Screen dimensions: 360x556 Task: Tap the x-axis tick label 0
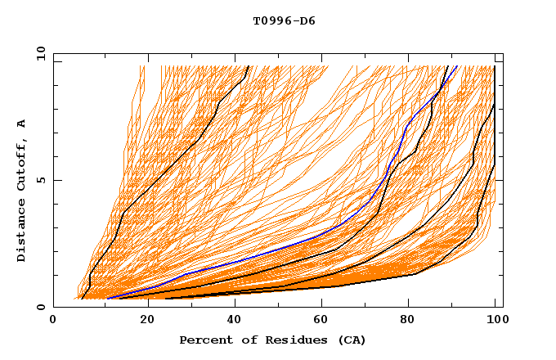coord(53,320)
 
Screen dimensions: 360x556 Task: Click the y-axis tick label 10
coord(40,53)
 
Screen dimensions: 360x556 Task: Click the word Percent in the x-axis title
coord(202,340)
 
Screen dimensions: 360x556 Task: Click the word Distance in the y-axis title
coord(22,234)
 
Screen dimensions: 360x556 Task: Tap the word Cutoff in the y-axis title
coord(22,164)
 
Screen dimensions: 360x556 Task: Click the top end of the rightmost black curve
coord(494,67)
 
